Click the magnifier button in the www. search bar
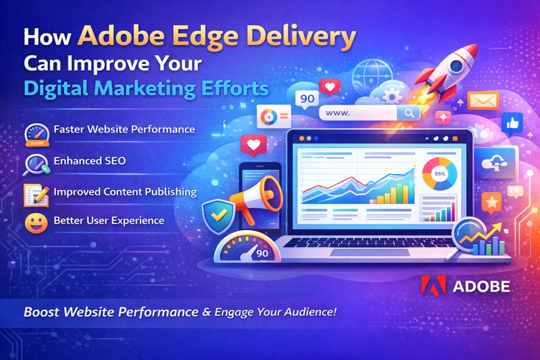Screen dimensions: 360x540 [408, 112]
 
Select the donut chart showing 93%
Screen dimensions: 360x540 [439, 173]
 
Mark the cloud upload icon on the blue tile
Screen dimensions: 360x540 [494, 163]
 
